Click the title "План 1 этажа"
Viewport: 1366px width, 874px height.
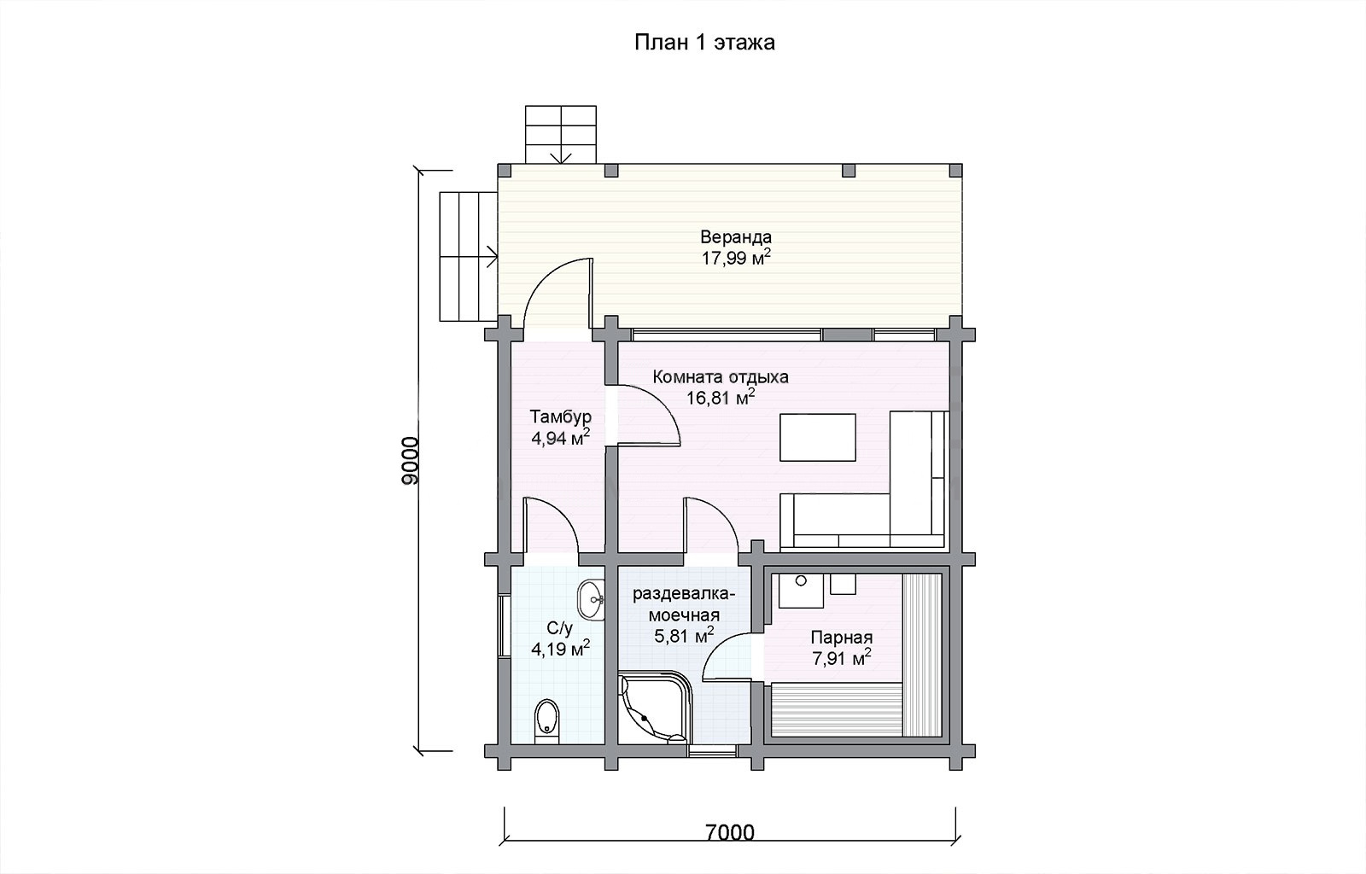(x=704, y=43)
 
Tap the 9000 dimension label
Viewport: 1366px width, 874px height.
(x=411, y=460)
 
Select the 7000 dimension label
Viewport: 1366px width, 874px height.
(x=730, y=832)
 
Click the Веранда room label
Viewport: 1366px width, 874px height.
(x=736, y=236)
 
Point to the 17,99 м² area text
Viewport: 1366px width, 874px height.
(x=736, y=257)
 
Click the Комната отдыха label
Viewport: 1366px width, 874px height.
(x=721, y=376)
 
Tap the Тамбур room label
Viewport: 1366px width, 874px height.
(x=560, y=417)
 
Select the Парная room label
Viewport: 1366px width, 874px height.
(x=842, y=638)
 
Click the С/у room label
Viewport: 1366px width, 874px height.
(x=560, y=628)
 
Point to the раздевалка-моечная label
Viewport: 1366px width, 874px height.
(x=684, y=604)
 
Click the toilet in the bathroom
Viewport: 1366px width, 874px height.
(x=546, y=721)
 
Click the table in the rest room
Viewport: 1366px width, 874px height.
(x=818, y=437)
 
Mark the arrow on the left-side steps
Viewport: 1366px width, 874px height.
(x=491, y=256)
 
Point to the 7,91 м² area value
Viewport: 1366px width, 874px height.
(x=841, y=658)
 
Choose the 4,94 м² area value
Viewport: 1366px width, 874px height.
(x=560, y=438)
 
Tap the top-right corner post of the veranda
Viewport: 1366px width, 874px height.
(x=955, y=170)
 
